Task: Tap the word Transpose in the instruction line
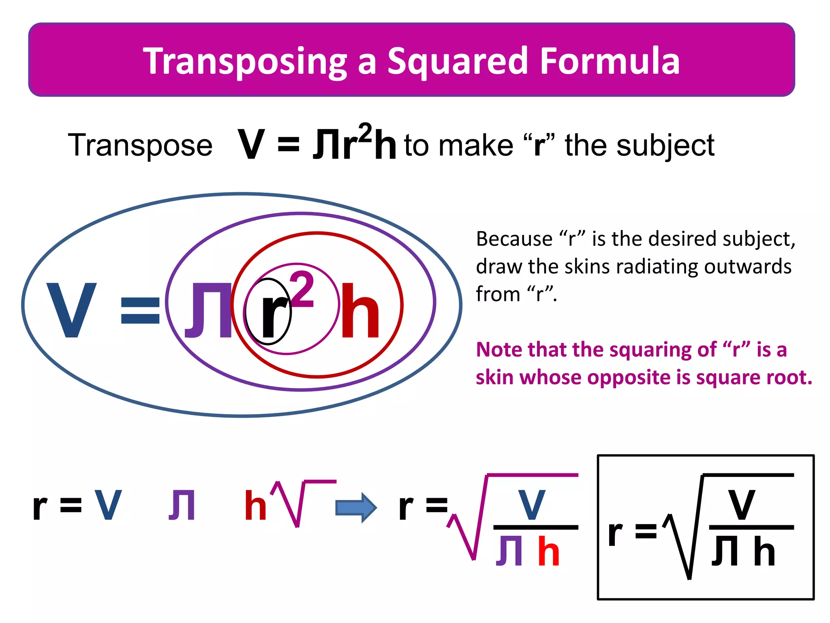tap(140, 145)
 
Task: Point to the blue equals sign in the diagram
tap(140, 310)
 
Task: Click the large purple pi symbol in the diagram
tap(208, 310)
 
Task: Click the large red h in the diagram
tap(360, 311)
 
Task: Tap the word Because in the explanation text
tap(514, 238)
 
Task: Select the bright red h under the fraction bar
tap(549, 551)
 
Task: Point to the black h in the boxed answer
tap(764, 551)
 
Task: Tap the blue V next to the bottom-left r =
tap(108, 505)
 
